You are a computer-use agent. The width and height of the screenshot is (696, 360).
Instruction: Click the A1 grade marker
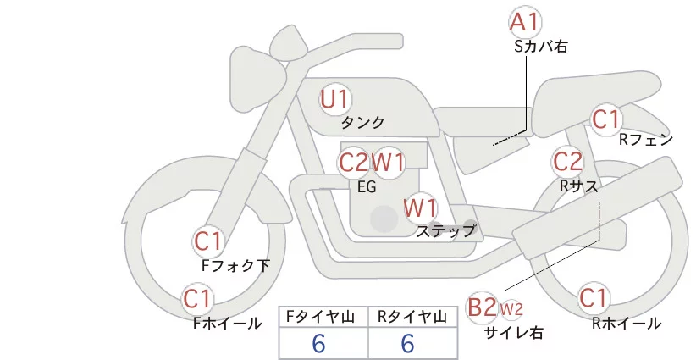point(525,22)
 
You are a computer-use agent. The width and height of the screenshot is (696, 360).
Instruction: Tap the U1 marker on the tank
point(335,99)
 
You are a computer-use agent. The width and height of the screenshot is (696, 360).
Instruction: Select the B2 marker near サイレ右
point(483,307)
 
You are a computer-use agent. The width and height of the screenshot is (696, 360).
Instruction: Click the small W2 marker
point(511,309)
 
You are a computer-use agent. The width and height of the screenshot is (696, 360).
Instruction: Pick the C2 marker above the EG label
point(354,163)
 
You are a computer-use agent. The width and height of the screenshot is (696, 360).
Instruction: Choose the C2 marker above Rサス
point(567,161)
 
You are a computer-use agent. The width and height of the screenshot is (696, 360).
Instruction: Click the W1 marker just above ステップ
point(420,208)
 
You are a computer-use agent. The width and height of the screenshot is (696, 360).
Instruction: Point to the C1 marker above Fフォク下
point(208,241)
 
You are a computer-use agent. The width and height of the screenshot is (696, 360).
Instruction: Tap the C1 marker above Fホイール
point(197,299)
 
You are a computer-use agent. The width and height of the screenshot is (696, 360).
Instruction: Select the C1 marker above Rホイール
point(593,298)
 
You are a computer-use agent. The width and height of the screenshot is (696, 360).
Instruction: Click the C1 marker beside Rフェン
point(606,119)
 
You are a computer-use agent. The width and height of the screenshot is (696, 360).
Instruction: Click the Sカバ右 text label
point(541,47)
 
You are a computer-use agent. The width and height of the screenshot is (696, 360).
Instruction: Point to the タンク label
point(362,123)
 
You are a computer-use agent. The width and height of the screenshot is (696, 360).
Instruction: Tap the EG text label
point(367,187)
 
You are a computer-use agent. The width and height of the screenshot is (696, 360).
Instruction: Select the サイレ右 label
point(514,332)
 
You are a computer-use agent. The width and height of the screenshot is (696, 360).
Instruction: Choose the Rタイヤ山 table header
point(412,317)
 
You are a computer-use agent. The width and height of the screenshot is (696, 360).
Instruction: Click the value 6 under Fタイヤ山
point(318,343)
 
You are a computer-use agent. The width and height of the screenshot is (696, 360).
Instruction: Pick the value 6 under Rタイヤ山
point(407,343)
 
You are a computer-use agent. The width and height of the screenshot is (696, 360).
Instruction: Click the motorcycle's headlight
point(257,77)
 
